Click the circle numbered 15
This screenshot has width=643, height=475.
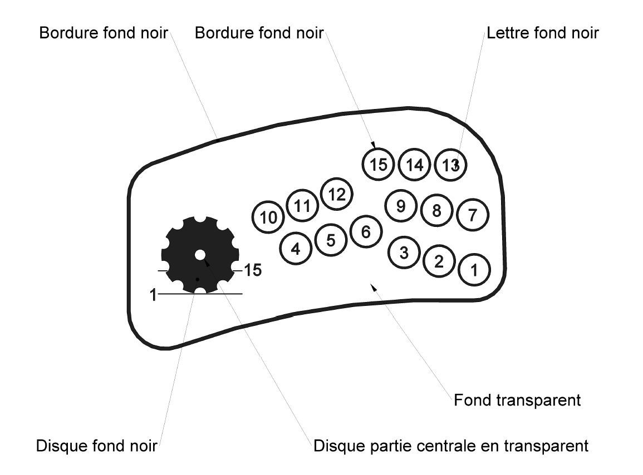click(x=379, y=164)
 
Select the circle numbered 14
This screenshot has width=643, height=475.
click(x=415, y=165)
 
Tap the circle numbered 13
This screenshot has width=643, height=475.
click(x=450, y=165)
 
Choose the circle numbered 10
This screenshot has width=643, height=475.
click(x=268, y=217)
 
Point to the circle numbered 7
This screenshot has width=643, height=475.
click(x=473, y=215)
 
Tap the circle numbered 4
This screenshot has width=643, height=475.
click(x=296, y=249)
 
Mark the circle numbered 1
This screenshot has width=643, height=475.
click(x=474, y=270)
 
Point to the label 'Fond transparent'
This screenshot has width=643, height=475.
click(x=517, y=400)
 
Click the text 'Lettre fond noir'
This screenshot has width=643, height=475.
click(x=542, y=33)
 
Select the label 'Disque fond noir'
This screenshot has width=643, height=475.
click(x=96, y=446)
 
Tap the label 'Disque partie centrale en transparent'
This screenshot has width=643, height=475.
click(x=451, y=446)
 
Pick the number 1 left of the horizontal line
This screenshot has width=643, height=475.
click(x=153, y=295)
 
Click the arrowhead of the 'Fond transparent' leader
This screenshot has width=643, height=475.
click(x=374, y=286)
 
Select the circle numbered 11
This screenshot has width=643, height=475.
click(x=302, y=206)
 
